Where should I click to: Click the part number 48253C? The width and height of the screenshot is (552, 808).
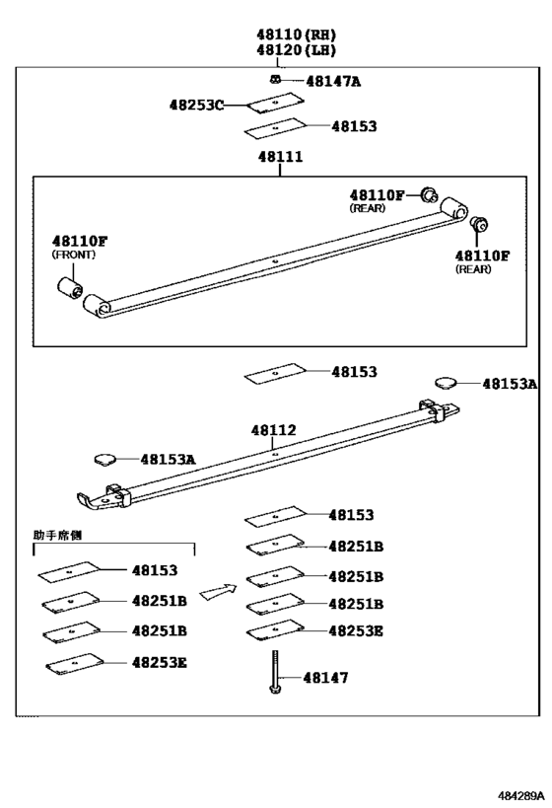tap(196, 105)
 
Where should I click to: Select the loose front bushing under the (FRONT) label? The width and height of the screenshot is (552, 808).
tap(69, 288)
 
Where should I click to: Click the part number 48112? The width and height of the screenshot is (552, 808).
tap(273, 430)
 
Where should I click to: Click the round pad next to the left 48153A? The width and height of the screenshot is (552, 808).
tap(103, 458)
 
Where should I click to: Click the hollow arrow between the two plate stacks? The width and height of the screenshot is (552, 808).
tap(218, 592)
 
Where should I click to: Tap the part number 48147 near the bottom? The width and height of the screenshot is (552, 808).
tap(325, 678)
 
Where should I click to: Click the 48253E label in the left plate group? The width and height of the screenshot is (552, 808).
tap(159, 662)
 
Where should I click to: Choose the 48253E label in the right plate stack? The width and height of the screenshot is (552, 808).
tap(355, 630)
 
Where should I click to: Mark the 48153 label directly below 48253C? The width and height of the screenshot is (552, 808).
tap(354, 126)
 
